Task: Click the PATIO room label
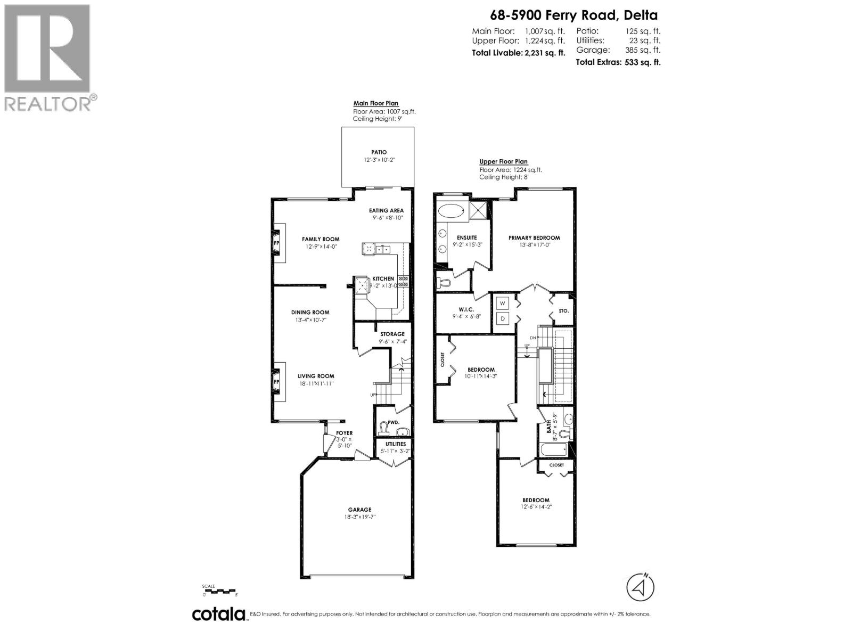coord(379,152)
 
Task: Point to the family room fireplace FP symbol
coord(276,243)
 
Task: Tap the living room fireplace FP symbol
coord(276,382)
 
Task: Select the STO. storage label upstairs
coord(564,310)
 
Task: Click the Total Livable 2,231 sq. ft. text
coord(519,52)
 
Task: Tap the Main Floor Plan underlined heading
coord(376,103)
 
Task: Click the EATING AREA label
coord(386,210)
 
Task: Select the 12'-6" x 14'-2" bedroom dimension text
coord(536,507)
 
